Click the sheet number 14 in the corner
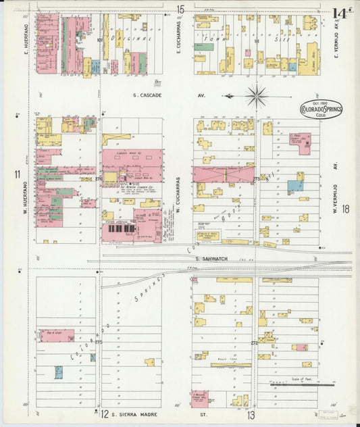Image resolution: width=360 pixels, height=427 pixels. point(340,13)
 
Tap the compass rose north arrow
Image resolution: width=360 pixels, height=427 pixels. point(256,97)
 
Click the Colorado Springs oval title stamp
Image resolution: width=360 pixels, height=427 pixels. point(321,109)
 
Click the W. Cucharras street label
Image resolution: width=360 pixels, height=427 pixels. point(178,196)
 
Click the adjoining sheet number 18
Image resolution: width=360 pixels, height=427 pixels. point(345,209)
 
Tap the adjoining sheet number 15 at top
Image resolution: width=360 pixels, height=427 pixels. point(180,9)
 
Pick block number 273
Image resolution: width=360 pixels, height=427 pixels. point(256,178)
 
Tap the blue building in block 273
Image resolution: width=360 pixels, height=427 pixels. point(294,185)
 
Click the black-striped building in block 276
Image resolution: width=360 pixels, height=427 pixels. point(118,233)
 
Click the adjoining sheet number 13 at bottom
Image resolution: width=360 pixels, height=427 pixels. point(251,414)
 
